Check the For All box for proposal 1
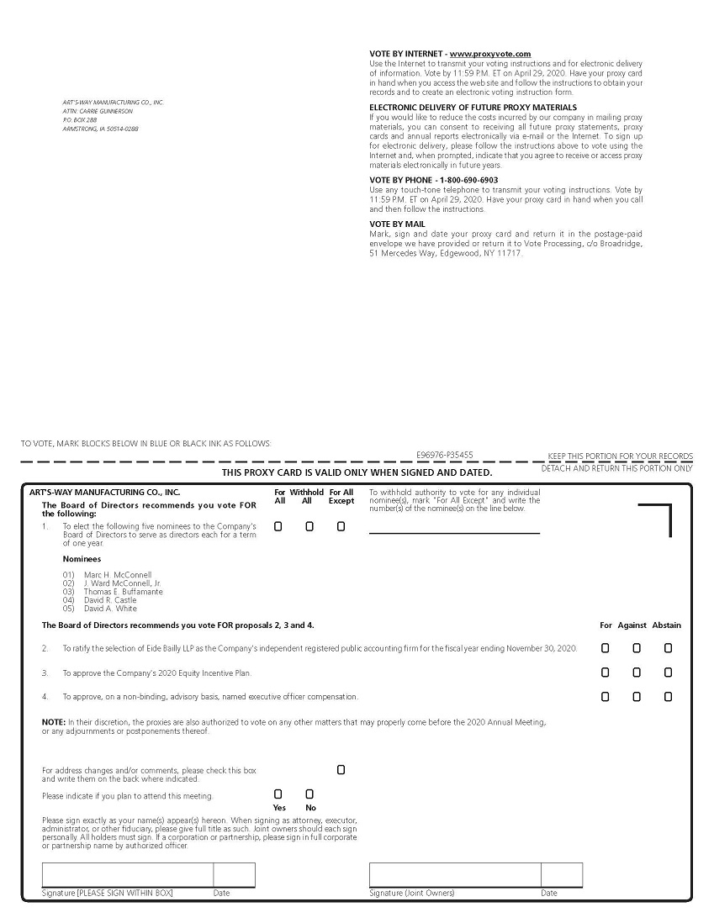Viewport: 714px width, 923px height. coord(278,526)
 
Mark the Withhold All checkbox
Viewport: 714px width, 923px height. coord(309,526)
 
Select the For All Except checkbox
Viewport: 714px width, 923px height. coord(341,526)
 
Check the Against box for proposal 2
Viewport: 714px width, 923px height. coord(637,648)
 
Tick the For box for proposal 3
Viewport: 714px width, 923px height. coord(606,672)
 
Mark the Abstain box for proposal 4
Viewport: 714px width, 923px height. coord(668,697)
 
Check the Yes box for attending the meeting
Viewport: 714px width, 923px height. coord(278,794)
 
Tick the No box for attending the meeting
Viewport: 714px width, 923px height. coord(309,794)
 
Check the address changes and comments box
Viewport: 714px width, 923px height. coord(341,769)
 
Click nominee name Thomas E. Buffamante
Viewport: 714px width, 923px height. coord(123,592)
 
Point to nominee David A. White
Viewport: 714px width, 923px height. coord(110,609)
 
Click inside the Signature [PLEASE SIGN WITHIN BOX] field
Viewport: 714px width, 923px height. coord(127,875)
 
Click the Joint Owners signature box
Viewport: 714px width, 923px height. coord(454,875)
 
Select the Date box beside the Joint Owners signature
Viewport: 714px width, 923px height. coord(561,875)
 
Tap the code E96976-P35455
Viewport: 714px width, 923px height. coord(444,455)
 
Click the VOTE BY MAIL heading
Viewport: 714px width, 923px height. coord(397,224)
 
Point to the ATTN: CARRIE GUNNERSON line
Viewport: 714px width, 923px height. coord(98,111)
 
